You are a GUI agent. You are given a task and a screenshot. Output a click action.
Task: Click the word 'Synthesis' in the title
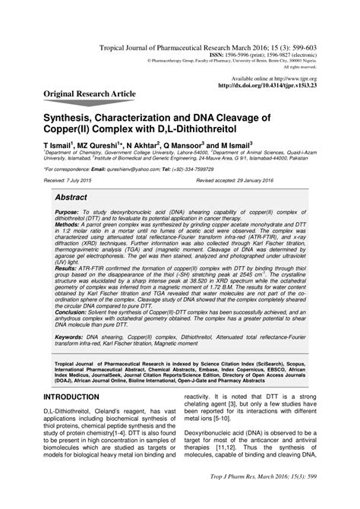point(75,119)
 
